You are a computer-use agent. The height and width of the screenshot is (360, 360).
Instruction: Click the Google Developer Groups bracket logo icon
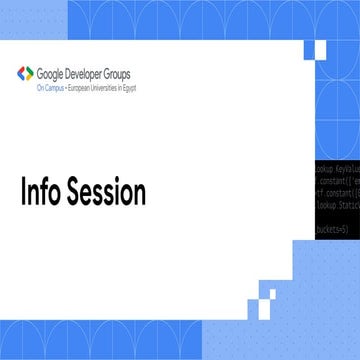click(25, 73)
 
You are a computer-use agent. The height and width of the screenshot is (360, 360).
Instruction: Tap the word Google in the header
click(53, 71)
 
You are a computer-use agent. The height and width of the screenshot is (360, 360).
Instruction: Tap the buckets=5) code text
click(334, 229)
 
